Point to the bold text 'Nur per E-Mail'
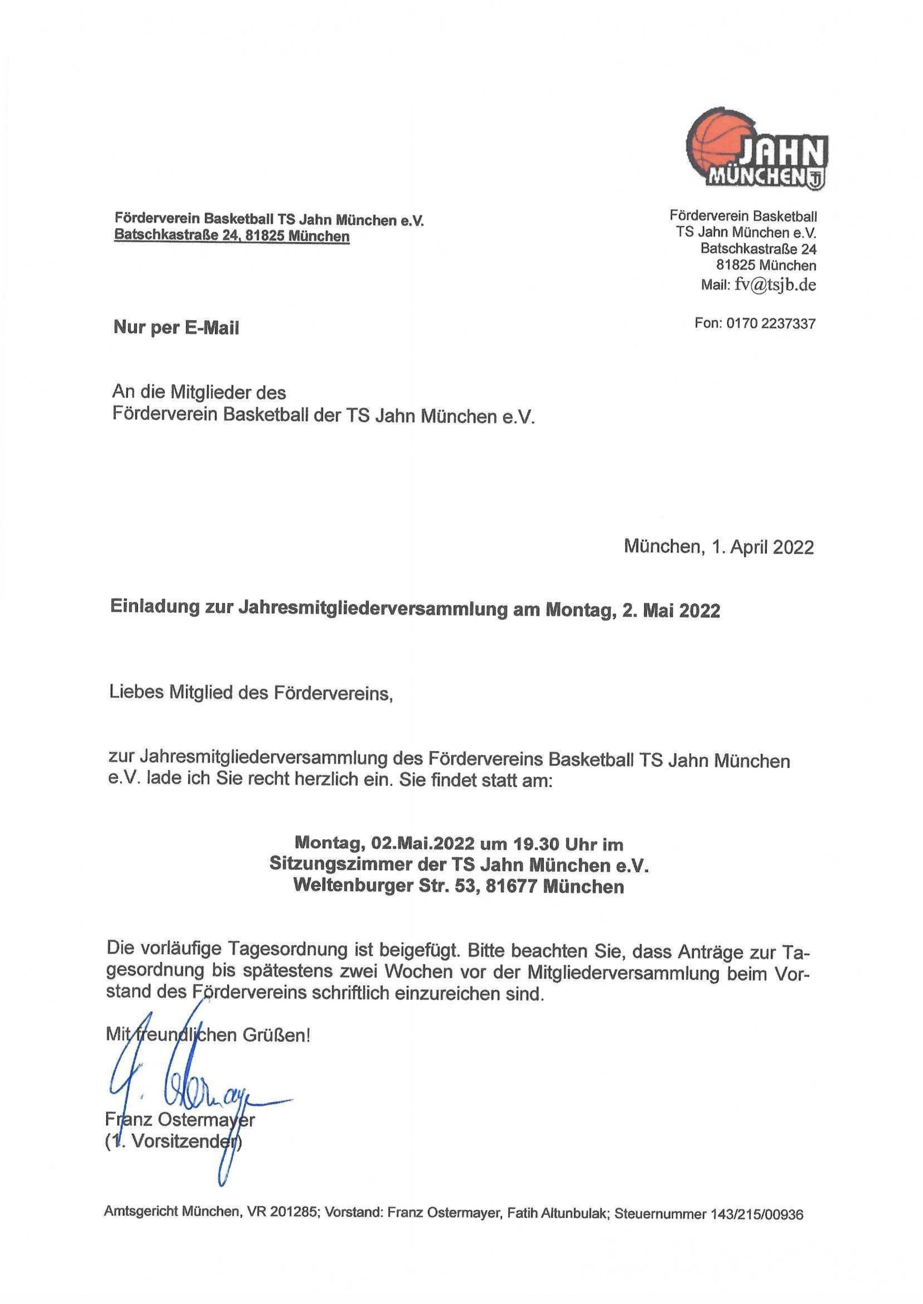[x=176, y=328]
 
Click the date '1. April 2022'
[x=762, y=547]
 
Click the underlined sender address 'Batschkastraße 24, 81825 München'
[x=232, y=236]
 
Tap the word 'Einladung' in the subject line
[x=153, y=609]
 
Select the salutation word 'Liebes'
[x=133, y=693]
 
